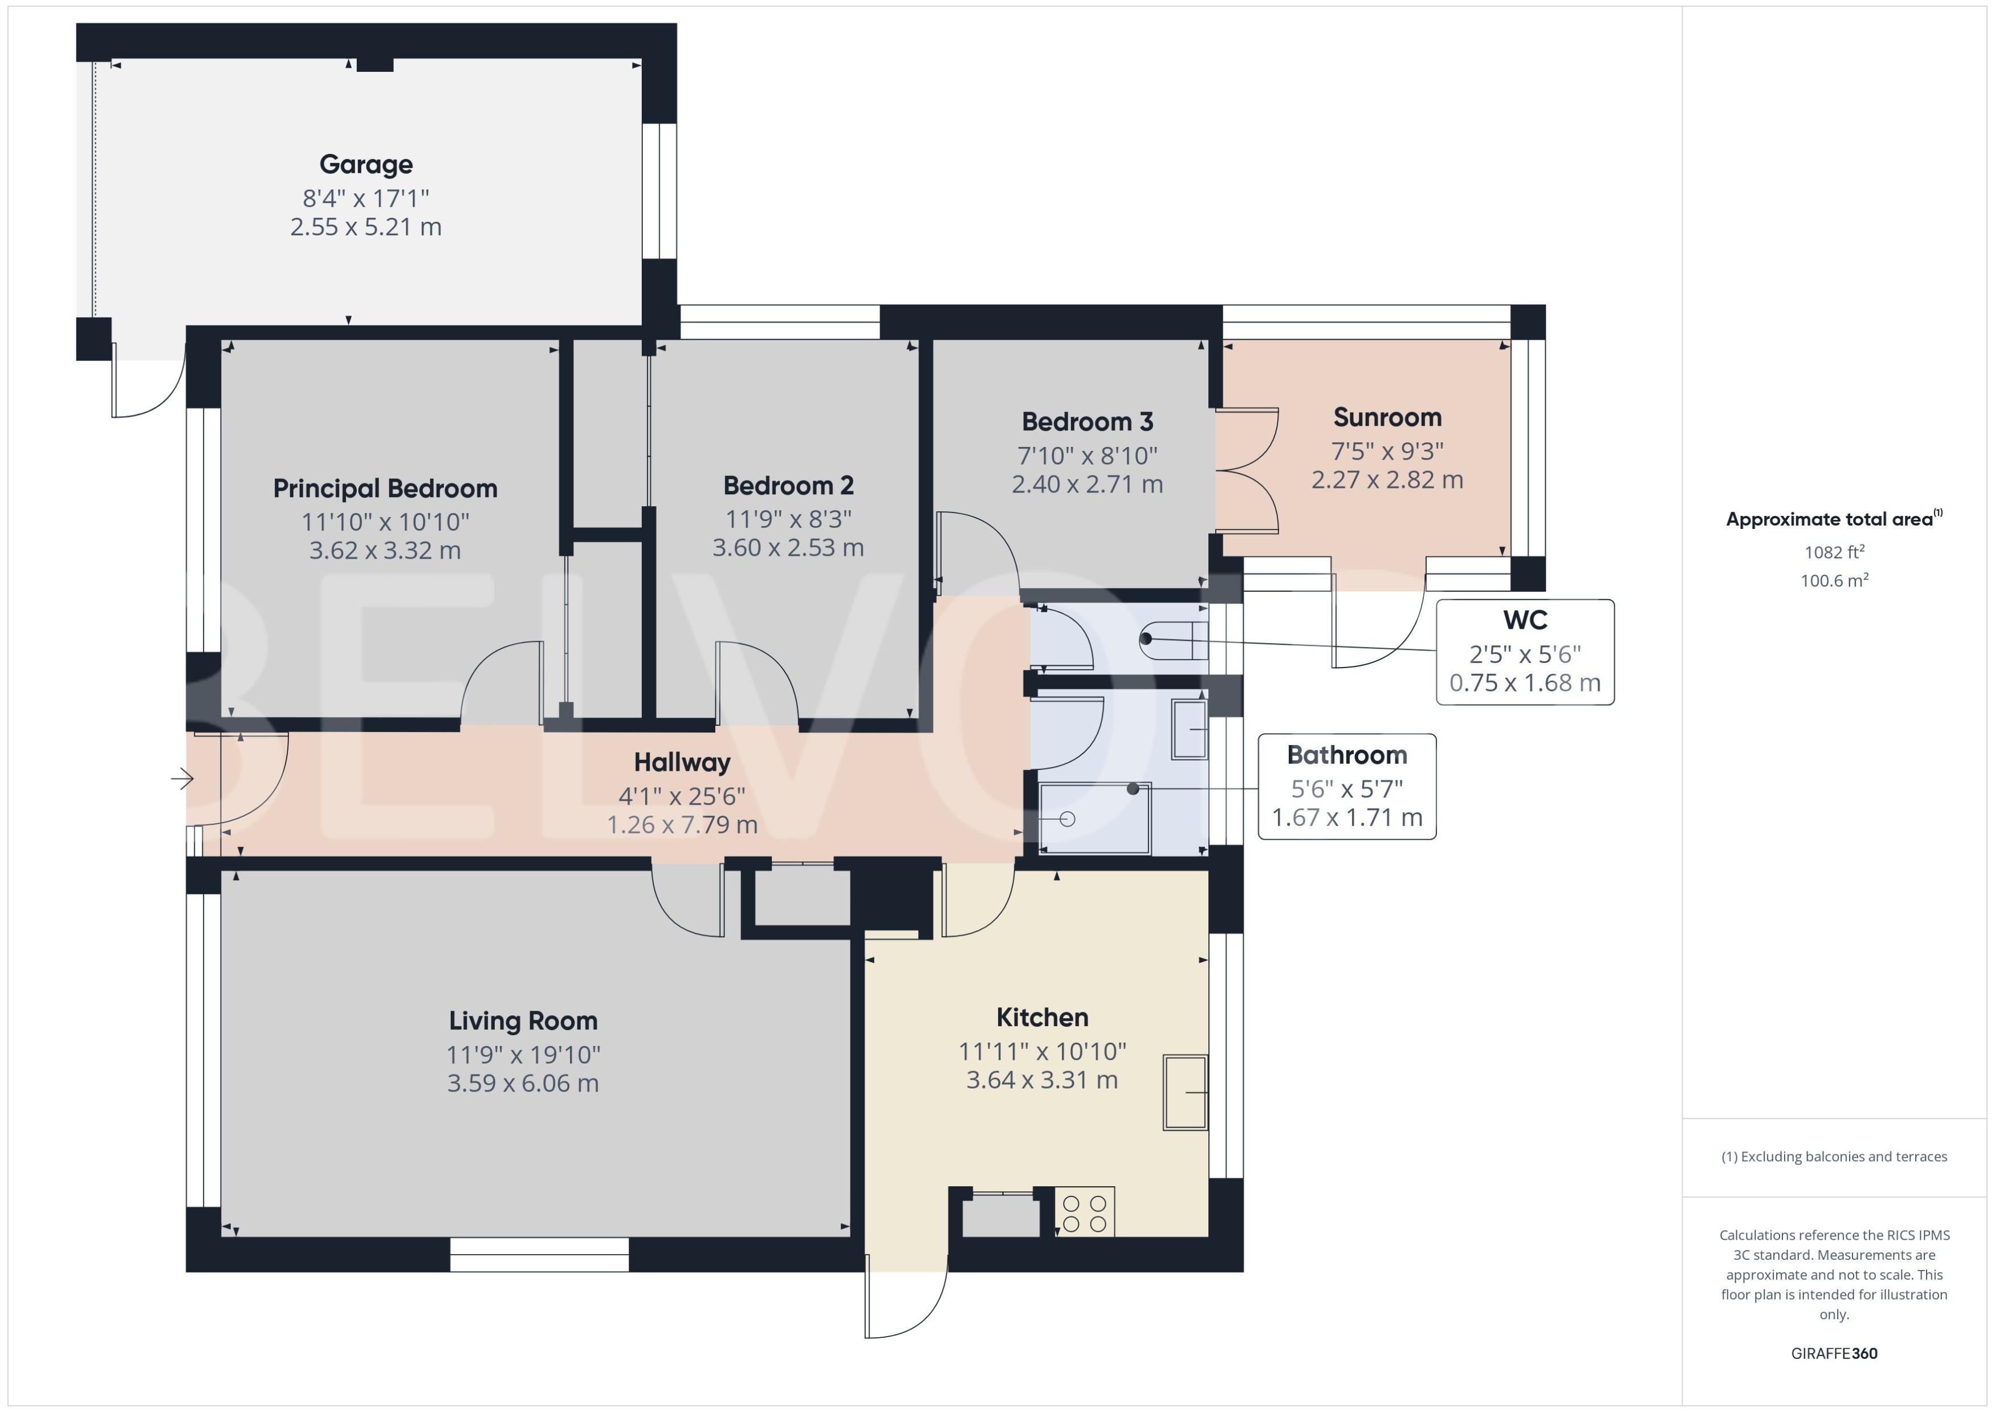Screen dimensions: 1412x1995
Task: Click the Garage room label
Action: pos(365,164)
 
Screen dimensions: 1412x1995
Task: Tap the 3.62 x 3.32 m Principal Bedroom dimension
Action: pos(385,550)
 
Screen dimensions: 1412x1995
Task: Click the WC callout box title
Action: pos(1525,620)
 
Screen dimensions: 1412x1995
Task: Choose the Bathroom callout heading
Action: pos(1346,755)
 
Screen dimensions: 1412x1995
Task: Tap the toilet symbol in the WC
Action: pos(1174,641)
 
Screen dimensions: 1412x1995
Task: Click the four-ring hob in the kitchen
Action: pos(1084,1214)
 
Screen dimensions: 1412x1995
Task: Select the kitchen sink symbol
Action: pos(1185,1093)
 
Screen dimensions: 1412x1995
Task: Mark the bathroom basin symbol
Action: pos(1189,729)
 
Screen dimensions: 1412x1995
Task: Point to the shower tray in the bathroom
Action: pos(1096,818)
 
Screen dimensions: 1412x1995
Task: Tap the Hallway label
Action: pos(682,763)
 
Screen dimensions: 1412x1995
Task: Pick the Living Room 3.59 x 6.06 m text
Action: pos(523,1083)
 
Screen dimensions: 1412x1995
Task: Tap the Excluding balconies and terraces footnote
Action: pos(1833,1157)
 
